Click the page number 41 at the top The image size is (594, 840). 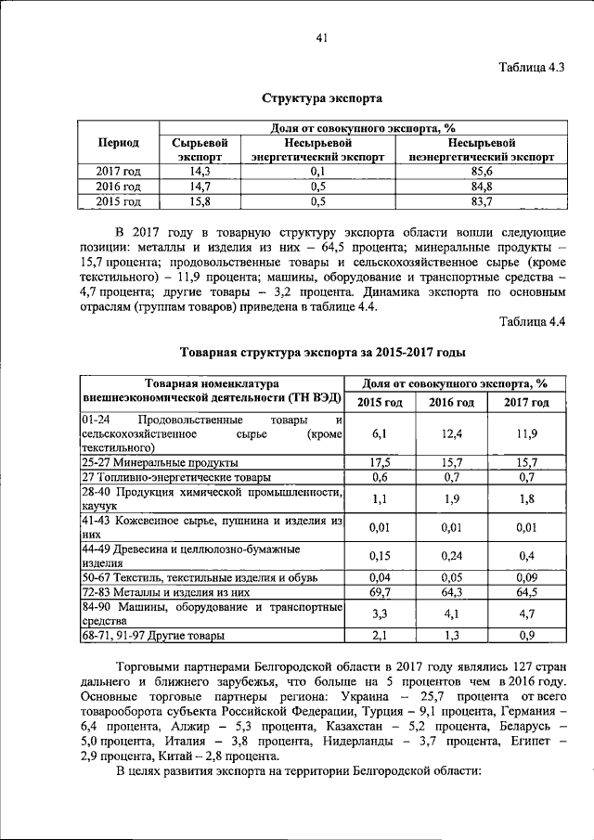click(x=322, y=37)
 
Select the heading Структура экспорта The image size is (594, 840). click(x=321, y=97)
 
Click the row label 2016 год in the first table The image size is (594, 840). click(x=119, y=186)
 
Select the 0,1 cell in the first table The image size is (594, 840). click(x=317, y=172)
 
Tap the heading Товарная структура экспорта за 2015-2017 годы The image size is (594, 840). click(x=321, y=353)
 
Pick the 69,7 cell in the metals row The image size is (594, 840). click(x=380, y=590)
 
